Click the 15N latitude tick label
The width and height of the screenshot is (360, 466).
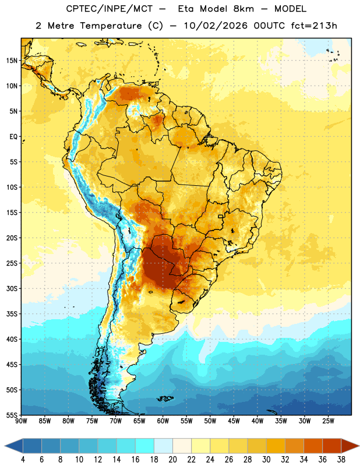click(12, 61)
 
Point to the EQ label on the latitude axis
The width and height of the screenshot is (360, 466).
click(13, 137)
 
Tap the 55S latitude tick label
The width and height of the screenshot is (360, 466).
click(12, 415)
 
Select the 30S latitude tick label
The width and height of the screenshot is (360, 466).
click(12, 288)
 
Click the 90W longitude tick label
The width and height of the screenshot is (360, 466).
click(21, 421)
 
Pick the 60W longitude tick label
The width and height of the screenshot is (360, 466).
click(163, 421)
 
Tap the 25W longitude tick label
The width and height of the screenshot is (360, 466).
click(328, 421)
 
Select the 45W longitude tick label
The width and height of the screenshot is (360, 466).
click(234, 421)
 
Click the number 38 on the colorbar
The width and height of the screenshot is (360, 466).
click(341, 460)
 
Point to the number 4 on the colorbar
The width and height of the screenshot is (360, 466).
click(23, 460)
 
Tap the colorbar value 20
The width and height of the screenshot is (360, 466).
click(172, 460)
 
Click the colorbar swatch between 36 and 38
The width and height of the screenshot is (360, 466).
click(332, 446)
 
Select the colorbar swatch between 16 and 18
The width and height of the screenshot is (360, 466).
click(145, 446)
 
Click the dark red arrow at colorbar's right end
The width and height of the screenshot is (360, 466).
click(350, 446)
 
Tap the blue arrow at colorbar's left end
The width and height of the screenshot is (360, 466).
click(13, 446)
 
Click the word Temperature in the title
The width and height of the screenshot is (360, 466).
click(111, 26)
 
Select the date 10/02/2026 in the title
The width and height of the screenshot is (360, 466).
click(215, 26)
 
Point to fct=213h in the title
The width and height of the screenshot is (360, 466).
click(314, 26)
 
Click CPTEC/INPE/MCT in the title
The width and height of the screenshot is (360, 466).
click(109, 9)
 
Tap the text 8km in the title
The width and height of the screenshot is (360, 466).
click(243, 9)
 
